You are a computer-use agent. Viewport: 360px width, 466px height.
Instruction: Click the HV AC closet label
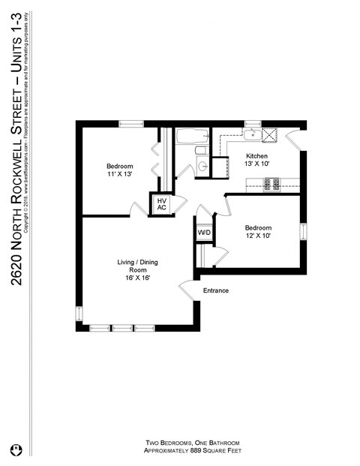161,203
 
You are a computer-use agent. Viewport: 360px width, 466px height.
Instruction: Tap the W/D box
204,233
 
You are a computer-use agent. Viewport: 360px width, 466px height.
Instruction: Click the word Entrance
215,290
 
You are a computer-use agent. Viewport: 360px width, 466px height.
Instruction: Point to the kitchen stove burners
270,182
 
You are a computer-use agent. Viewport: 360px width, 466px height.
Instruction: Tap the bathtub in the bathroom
193,137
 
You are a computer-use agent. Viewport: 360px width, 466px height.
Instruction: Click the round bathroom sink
202,167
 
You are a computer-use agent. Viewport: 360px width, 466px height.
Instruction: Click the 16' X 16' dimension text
136,278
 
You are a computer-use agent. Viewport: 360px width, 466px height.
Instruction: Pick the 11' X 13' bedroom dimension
119,174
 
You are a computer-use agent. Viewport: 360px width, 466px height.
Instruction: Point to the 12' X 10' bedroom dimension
256,236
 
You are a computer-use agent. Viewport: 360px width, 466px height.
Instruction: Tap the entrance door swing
185,290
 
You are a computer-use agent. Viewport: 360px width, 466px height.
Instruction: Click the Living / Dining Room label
136,266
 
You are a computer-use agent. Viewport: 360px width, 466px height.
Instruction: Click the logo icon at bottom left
14,450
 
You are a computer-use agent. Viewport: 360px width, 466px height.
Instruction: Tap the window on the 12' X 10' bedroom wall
303,232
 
